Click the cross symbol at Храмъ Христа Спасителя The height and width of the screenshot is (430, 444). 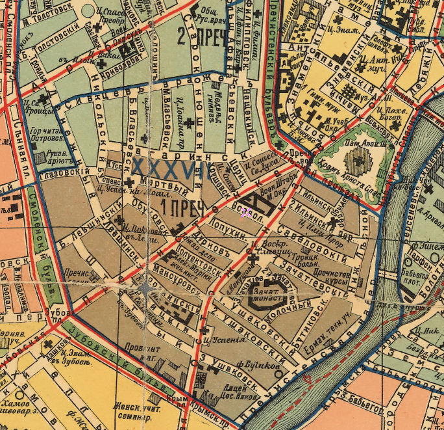[356, 157]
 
